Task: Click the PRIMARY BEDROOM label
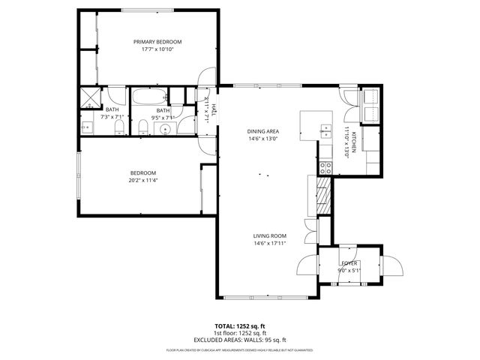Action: pos(157,42)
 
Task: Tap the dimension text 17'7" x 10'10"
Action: pos(157,49)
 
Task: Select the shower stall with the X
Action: pos(90,97)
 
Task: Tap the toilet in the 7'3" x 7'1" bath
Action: pos(118,128)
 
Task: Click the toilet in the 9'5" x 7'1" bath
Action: pos(142,127)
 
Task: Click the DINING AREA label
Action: pos(263,131)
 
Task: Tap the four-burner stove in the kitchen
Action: pos(325,168)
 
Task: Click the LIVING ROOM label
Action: pos(270,235)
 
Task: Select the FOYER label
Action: pos(349,264)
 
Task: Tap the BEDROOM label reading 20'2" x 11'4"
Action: pos(142,172)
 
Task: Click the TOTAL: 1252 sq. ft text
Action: pos(240,326)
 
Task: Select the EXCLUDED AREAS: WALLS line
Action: pos(240,339)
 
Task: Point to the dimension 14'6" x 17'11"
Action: pos(270,243)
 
